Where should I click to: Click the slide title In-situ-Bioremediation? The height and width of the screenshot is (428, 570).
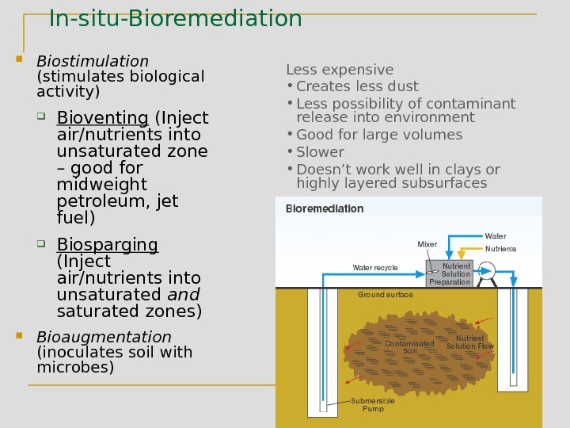[175, 17]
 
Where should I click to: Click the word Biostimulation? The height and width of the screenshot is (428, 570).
[93, 61]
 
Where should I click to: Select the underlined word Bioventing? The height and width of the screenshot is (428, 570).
[102, 118]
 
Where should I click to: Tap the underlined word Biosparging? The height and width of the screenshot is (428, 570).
[107, 244]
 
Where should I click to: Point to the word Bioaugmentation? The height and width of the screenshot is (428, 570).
[104, 337]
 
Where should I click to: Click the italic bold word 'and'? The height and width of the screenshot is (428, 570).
[182, 295]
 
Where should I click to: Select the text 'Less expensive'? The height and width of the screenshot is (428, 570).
[340, 70]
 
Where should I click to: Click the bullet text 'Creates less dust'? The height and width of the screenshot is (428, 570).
[357, 86]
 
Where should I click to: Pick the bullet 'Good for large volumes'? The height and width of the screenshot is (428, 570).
[379, 135]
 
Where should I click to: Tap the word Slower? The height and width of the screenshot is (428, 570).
[320, 151]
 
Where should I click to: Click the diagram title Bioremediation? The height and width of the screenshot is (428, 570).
[324, 209]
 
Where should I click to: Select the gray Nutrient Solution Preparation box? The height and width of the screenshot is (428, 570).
[449, 273]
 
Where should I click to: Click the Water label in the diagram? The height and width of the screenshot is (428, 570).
[496, 236]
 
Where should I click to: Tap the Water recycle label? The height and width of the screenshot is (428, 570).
[375, 268]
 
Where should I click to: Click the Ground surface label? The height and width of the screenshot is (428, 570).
[386, 295]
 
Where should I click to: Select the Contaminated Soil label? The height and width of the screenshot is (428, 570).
[409, 347]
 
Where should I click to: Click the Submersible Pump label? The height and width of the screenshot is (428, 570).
[373, 405]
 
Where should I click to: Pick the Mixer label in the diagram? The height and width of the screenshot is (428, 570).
[427, 244]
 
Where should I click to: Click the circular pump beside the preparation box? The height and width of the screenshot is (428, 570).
[485, 272]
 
